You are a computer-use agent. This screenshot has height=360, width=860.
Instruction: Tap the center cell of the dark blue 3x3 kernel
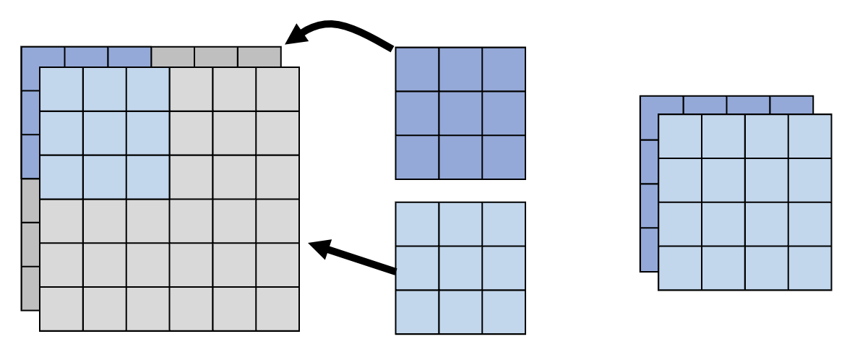(x=460, y=113)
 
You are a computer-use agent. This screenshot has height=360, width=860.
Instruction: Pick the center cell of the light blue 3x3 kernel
(x=460, y=267)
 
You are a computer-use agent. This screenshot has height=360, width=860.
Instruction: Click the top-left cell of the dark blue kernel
(x=417, y=69)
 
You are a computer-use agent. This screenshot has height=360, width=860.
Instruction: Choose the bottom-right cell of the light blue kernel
(x=504, y=312)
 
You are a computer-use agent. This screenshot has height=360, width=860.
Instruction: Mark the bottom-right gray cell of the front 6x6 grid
(x=278, y=309)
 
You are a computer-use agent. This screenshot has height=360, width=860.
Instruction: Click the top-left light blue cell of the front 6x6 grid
(x=61, y=89)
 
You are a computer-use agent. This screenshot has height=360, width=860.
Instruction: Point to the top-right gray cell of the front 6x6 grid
(x=278, y=89)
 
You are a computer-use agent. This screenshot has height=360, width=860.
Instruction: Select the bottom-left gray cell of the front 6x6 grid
(x=61, y=309)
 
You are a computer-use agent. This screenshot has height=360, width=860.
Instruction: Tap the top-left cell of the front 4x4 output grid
(x=680, y=136)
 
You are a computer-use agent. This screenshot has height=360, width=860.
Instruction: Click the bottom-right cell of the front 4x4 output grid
(x=809, y=267)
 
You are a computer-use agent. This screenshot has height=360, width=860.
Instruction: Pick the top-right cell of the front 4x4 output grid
(x=809, y=136)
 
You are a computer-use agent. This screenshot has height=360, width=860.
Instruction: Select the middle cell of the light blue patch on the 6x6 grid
(x=105, y=133)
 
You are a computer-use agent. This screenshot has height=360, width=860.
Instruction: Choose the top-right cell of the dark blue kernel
(x=504, y=69)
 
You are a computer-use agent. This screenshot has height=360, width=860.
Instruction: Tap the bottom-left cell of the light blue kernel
(x=417, y=312)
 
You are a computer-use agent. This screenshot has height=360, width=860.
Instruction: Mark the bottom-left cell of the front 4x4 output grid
(x=680, y=267)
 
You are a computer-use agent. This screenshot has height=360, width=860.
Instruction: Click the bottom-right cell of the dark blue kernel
(x=504, y=157)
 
